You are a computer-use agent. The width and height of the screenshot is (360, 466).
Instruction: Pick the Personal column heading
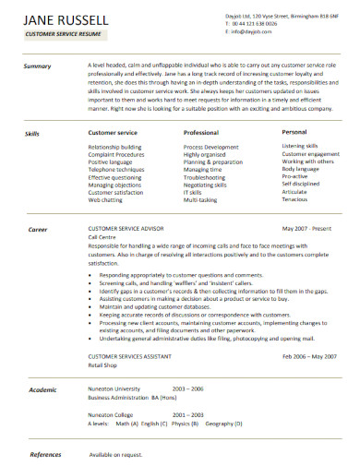(x=295, y=133)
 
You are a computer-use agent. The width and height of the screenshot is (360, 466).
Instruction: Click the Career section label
(x=38, y=254)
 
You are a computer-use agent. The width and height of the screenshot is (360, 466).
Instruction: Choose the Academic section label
(x=42, y=390)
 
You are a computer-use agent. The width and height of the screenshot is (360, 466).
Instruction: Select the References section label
(x=45, y=454)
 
